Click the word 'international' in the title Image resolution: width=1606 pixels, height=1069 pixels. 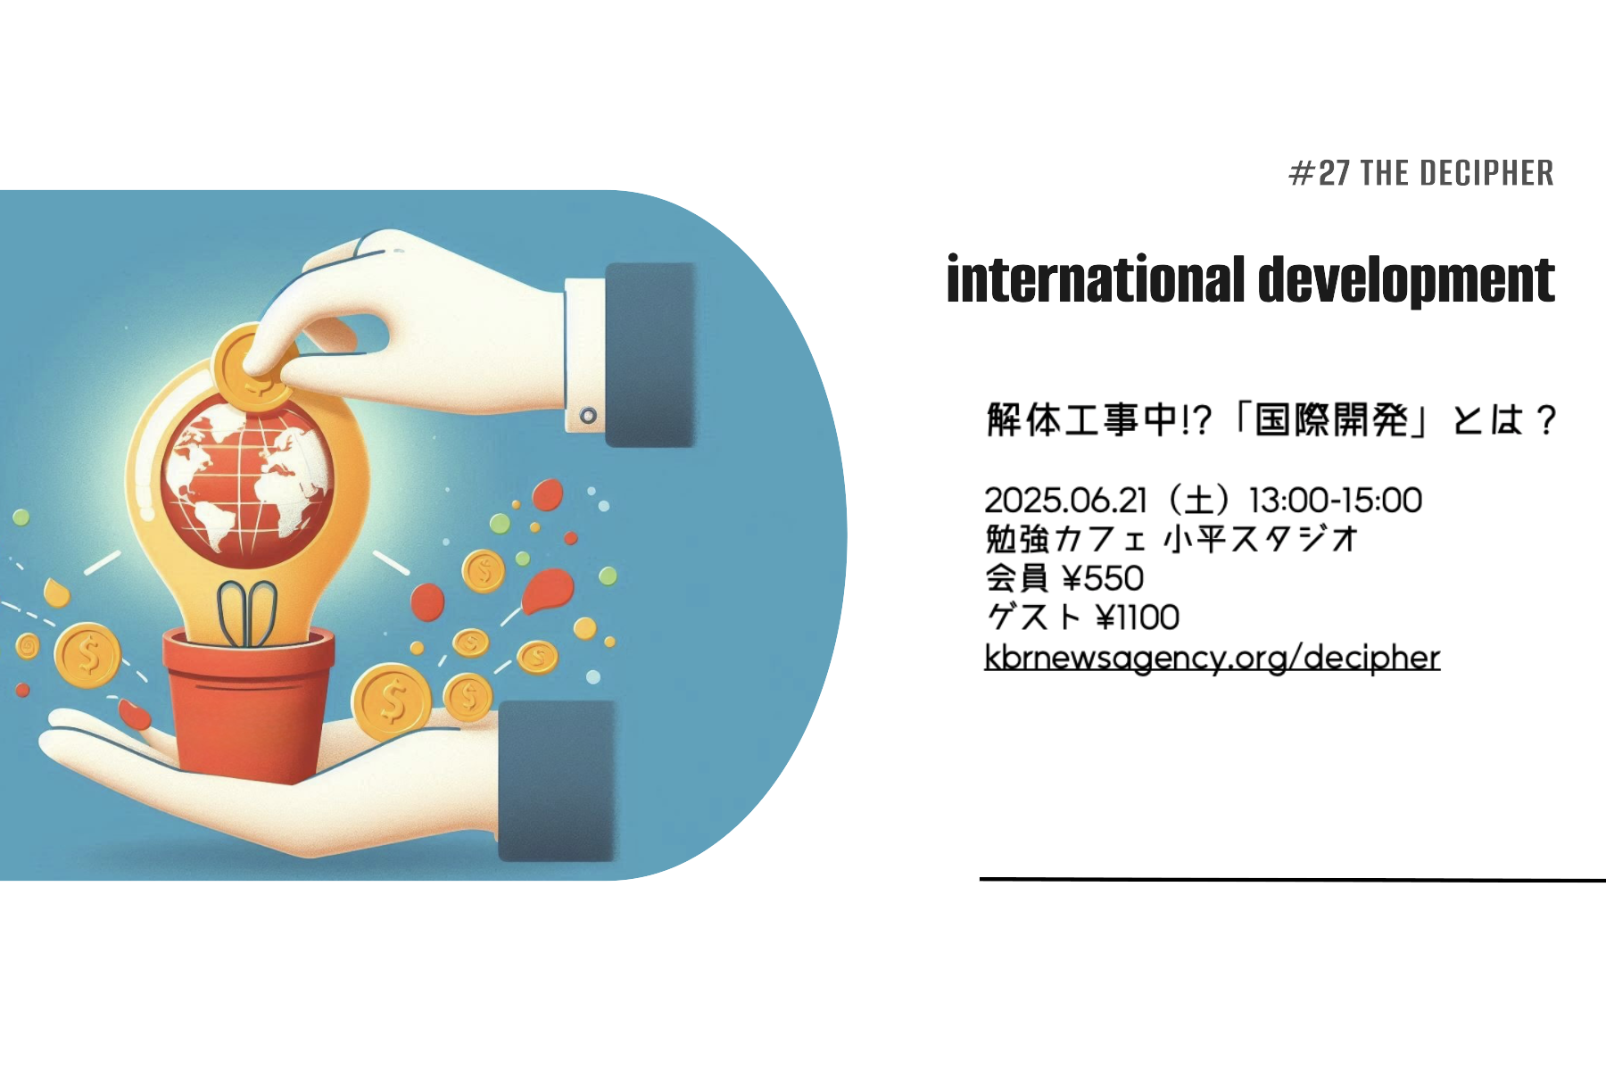click(x=1096, y=279)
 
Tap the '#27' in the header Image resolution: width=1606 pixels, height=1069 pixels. click(x=1319, y=173)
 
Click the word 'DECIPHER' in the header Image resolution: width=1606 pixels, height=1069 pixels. click(x=1486, y=173)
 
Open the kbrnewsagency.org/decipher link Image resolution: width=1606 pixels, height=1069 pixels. click(x=1212, y=658)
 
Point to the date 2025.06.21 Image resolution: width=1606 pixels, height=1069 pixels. click(x=1065, y=501)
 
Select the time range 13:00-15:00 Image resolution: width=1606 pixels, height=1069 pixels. click(x=1336, y=501)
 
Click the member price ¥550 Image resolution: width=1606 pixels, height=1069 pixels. click(x=1103, y=578)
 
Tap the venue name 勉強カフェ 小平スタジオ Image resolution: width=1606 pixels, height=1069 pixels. click(x=1171, y=539)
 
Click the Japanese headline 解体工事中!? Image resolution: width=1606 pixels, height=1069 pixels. click(x=1099, y=419)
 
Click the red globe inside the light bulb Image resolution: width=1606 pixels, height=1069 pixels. click(x=247, y=482)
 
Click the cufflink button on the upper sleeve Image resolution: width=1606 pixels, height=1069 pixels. click(x=588, y=416)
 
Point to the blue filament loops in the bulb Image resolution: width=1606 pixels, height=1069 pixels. click(x=247, y=614)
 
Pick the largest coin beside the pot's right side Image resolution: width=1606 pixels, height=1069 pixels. click(x=392, y=701)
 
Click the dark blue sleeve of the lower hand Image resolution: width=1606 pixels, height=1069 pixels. click(x=557, y=781)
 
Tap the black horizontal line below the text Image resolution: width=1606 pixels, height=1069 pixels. click(x=1293, y=880)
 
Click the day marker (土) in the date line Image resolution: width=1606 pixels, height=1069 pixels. click(x=1198, y=501)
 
